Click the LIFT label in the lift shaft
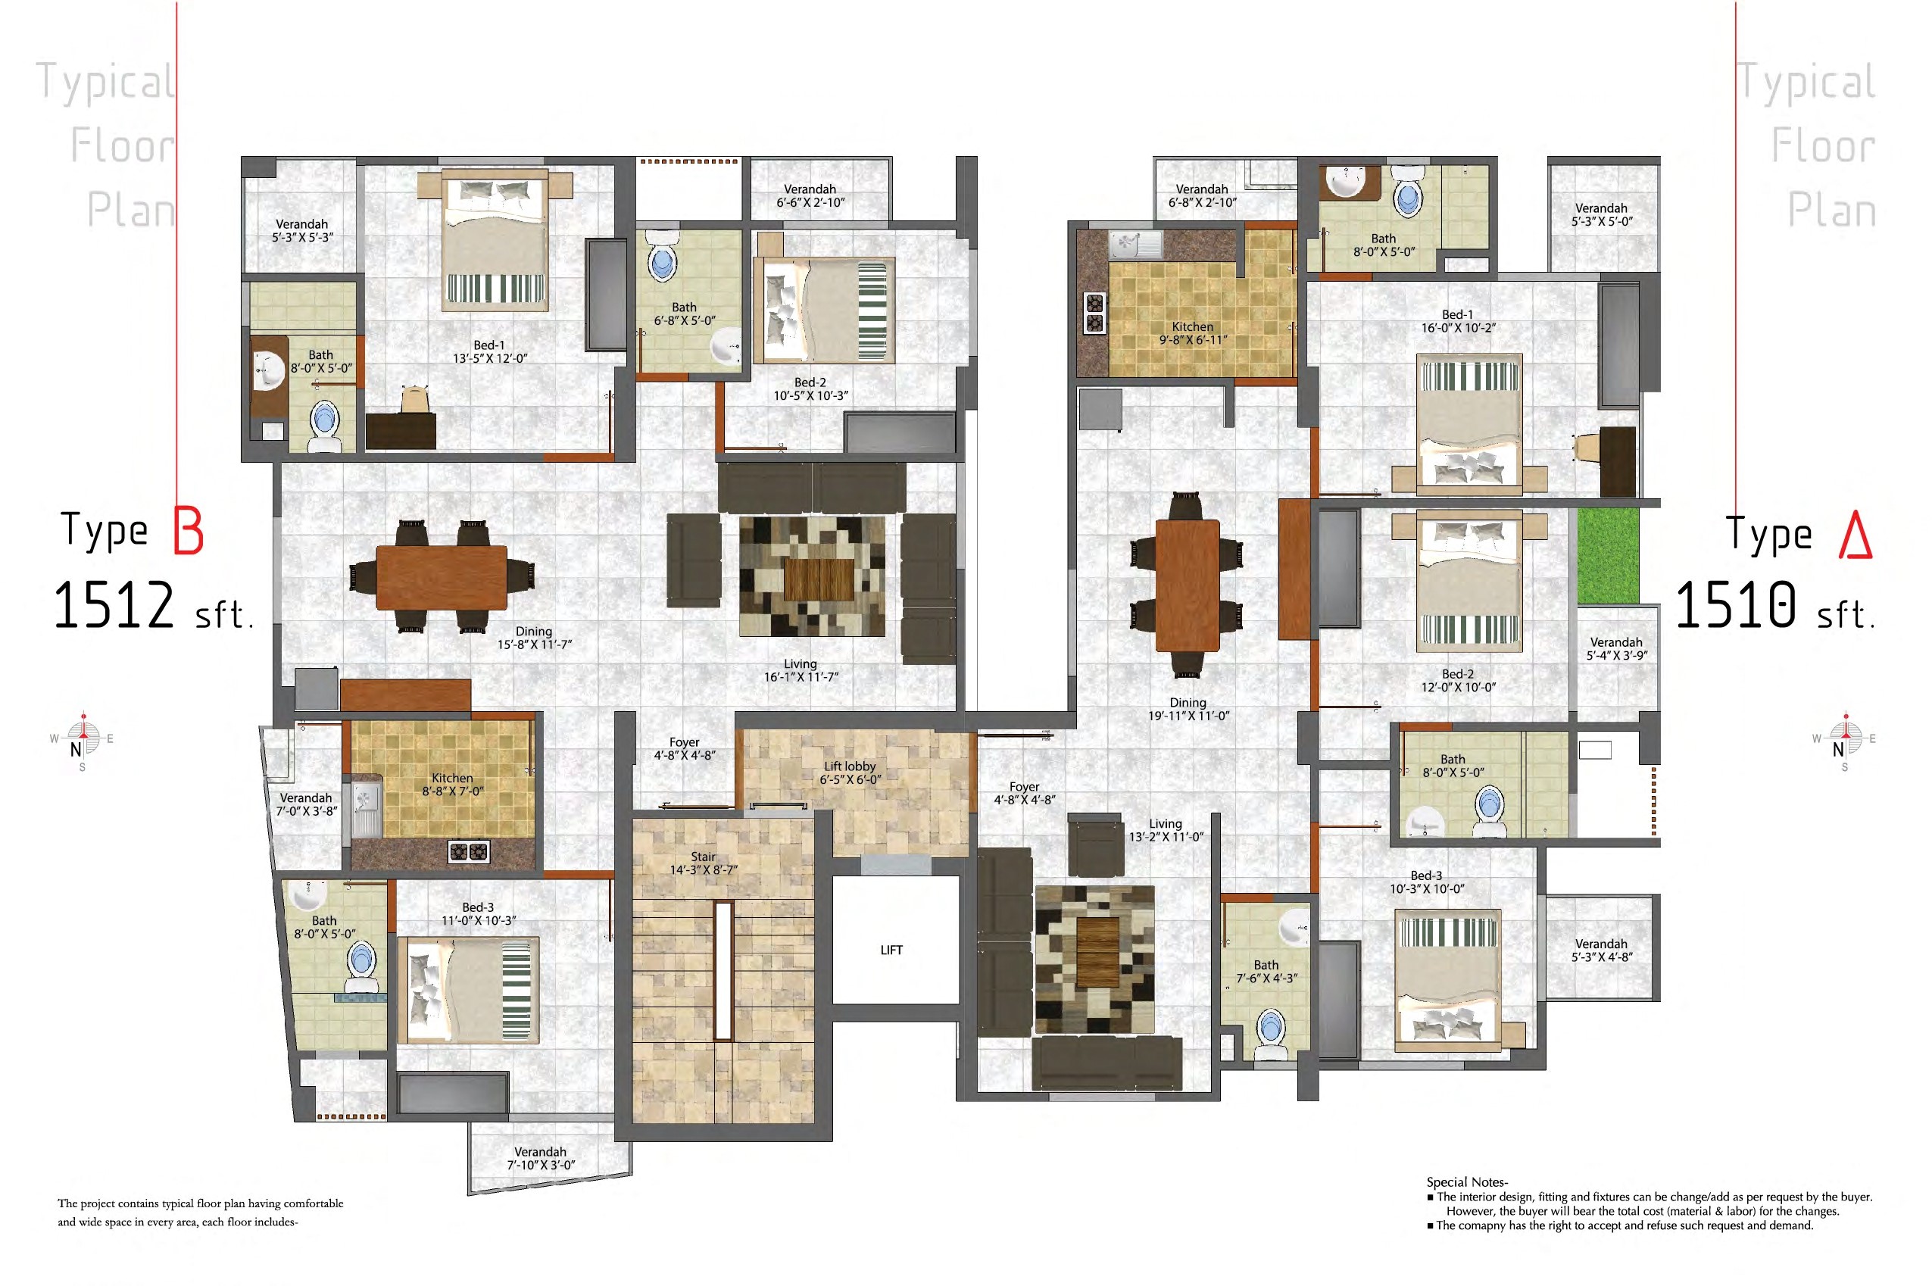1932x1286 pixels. pos(891,950)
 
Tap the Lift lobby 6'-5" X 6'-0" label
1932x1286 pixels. pos(850,773)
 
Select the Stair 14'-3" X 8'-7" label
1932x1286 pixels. pos(703,863)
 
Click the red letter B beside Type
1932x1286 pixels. pos(188,531)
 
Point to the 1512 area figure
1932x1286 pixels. pos(114,605)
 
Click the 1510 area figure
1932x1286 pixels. pos(1735,605)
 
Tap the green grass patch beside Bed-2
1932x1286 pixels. pos(1607,556)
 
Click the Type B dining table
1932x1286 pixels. pos(442,577)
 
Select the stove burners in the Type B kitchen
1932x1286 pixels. pos(468,852)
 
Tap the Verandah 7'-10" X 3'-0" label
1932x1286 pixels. pos(541,1158)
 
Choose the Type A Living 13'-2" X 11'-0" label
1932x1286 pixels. pos(1166,830)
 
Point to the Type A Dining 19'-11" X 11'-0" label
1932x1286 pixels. pos(1188,709)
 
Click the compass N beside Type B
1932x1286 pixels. pos(76,749)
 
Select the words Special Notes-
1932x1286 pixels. pos(1467,1181)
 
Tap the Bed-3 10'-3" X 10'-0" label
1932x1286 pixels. pos(1427,882)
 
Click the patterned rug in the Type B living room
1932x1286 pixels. pos(812,576)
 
